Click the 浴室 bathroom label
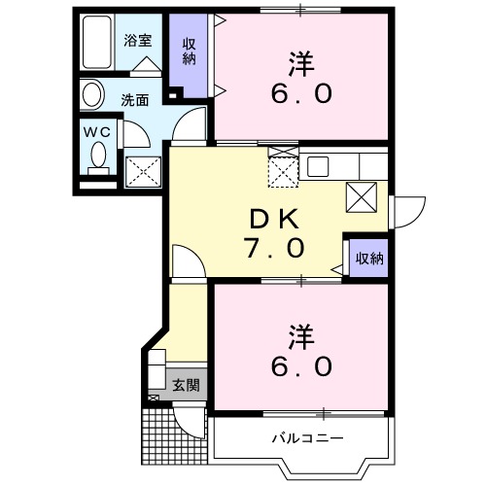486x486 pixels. pos(136,41)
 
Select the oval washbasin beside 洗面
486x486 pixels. pos(91,95)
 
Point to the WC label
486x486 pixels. pos(94,129)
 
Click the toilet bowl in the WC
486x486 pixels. pos(98,155)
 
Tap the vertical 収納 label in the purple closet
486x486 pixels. pos(190,52)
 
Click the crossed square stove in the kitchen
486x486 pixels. pos(361,197)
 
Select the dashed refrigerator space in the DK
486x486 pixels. pos(284,171)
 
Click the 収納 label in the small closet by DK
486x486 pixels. pos(368,259)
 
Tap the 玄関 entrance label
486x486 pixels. pos(187,385)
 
